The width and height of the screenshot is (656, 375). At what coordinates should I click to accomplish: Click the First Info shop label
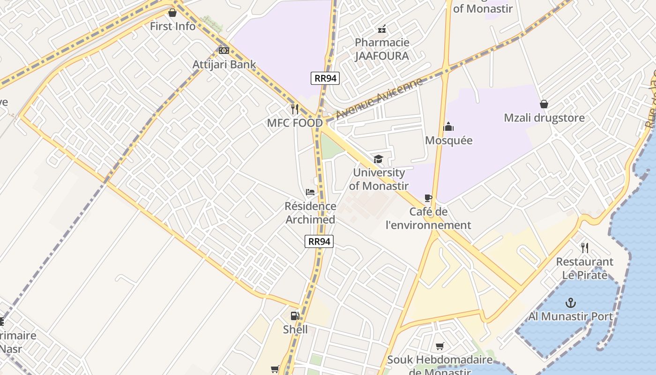(x=172, y=26)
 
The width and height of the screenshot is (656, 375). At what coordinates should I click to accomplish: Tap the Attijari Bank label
(x=224, y=65)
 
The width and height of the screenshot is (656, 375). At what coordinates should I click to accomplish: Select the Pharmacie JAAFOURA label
(x=382, y=49)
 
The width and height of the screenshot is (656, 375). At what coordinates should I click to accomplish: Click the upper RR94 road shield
(x=325, y=78)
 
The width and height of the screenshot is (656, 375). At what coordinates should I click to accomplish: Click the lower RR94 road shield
(x=319, y=241)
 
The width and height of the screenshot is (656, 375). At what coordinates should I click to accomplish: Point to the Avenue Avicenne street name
(x=379, y=99)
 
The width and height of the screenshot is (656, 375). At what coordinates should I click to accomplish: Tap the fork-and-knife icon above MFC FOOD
(x=295, y=109)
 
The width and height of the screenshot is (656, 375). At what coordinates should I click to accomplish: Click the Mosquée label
(x=448, y=140)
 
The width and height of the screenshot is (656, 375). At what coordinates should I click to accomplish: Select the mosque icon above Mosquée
(x=448, y=127)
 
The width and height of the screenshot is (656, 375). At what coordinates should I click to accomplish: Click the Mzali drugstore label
(x=544, y=118)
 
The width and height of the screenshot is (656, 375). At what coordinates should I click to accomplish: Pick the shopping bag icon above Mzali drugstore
(x=544, y=104)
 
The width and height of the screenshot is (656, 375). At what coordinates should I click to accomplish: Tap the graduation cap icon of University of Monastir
(x=378, y=159)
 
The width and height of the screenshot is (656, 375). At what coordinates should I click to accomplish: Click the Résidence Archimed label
(x=310, y=213)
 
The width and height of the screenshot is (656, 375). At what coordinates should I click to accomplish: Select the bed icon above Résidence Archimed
(x=310, y=192)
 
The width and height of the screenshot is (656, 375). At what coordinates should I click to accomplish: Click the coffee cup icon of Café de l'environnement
(x=428, y=198)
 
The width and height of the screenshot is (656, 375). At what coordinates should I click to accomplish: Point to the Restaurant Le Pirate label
(x=584, y=268)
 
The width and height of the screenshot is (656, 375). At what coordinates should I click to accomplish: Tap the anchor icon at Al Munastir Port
(x=570, y=302)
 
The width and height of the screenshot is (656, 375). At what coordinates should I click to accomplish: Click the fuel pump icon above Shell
(x=295, y=315)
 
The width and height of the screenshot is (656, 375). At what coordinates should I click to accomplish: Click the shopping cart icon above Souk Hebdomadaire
(x=440, y=346)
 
